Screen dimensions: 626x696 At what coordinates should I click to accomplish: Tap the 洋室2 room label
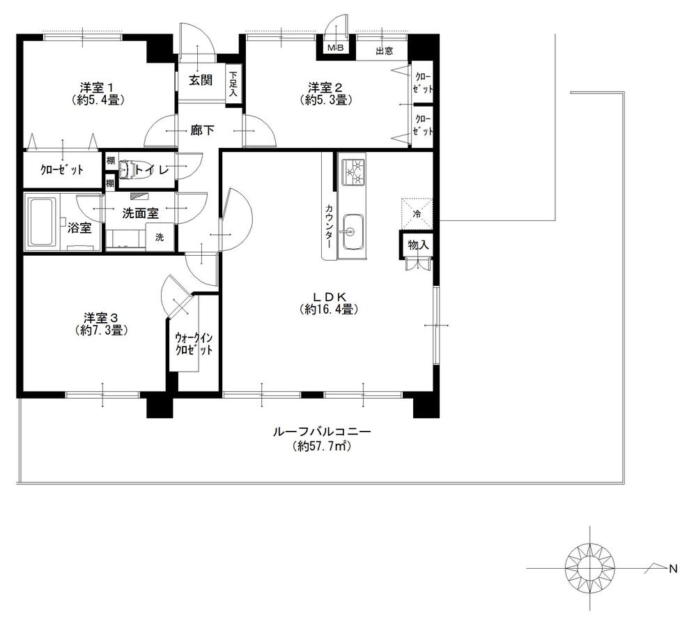(326, 88)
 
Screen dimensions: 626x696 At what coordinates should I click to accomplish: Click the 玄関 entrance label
(201, 80)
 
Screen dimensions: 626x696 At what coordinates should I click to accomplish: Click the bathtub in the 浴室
(42, 222)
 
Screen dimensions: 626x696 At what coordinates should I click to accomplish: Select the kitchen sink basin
(353, 228)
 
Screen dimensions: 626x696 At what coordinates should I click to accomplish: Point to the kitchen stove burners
(352, 173)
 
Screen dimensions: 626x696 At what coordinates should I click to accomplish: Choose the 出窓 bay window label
(382, 50)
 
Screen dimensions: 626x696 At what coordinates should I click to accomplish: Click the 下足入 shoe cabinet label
(233, 84)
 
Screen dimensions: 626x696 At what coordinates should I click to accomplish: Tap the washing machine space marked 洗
(160, 237)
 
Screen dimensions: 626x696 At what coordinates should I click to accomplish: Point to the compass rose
(590, 567)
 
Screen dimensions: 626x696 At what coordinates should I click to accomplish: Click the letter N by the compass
(673, 569)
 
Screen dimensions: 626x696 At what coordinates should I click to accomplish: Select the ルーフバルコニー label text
(322, 433)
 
